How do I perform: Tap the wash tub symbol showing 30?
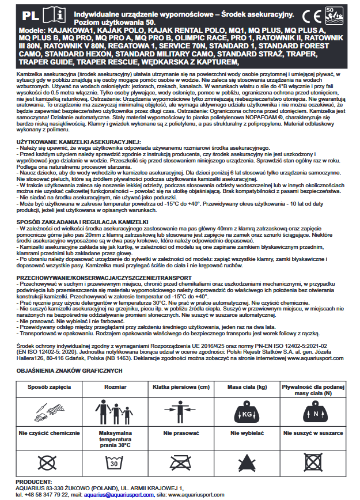point(114,462)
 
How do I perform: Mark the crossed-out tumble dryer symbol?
point(314,462)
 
